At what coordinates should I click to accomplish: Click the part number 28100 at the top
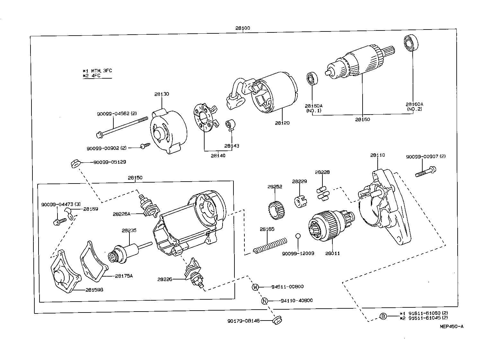(242, 28)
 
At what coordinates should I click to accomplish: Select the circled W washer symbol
(255, 287)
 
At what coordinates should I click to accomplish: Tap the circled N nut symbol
(264, 301)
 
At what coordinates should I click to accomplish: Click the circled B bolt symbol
(383, 316)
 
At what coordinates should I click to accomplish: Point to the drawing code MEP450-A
(452, 327)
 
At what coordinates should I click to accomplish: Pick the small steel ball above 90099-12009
(298, 236)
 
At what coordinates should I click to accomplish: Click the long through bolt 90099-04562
(122, 127)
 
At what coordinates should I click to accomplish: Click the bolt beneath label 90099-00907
(426, 171)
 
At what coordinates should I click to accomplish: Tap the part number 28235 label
(129, 230)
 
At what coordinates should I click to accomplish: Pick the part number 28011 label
(332, 253)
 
